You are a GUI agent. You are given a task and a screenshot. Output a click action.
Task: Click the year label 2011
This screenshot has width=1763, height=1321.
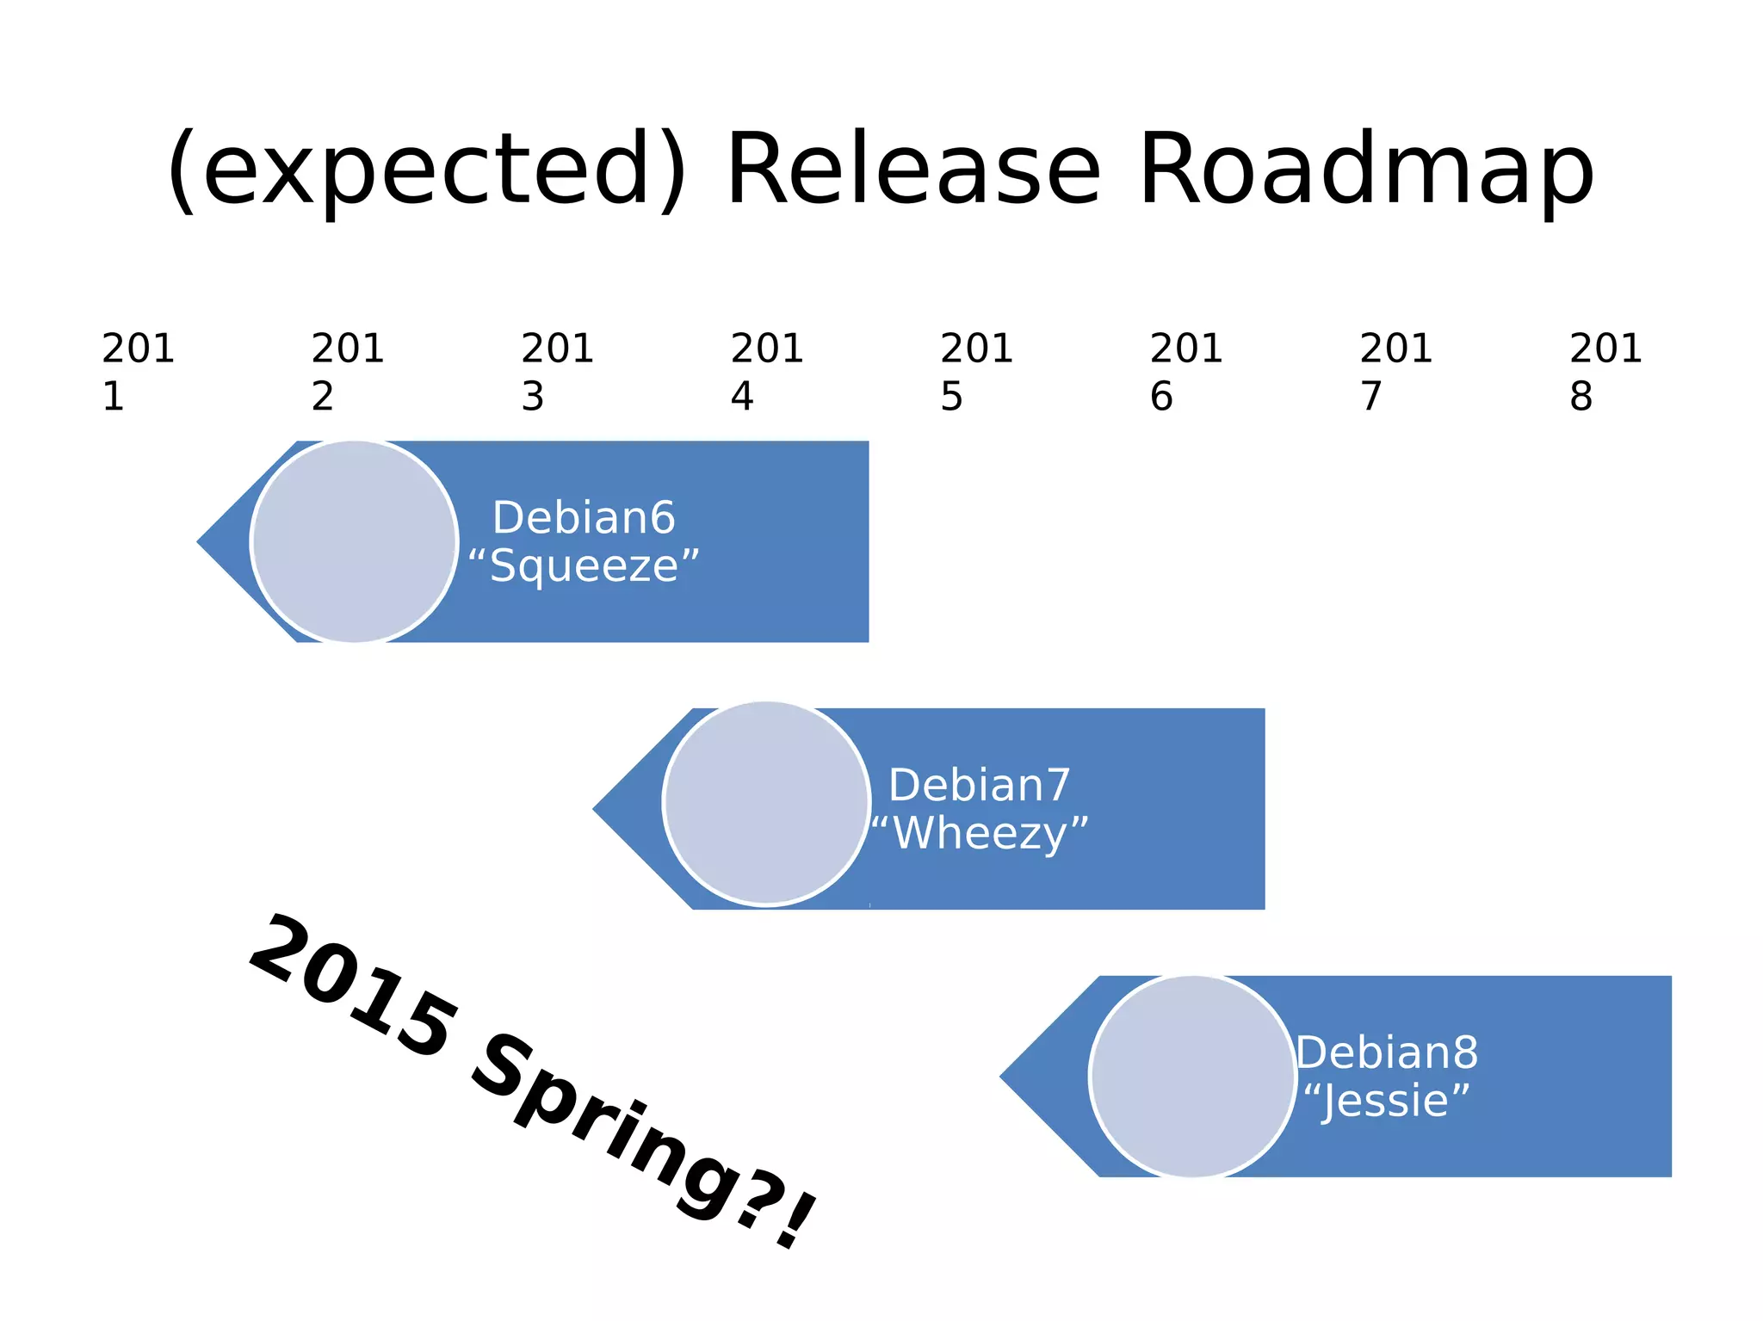pyautogui.click(x=138, y=371)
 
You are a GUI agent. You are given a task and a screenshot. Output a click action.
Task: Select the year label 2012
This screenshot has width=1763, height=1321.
pyautogui.click(x=347, y=371)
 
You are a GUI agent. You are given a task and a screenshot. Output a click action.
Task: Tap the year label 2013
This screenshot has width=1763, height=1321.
pyautogui.click(x=557, y=371)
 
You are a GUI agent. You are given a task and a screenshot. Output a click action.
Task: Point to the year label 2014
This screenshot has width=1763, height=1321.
pyautogui.click(x=766, y=371)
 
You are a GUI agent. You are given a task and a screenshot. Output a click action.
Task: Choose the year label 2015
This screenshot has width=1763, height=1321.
pyautogui.click(x=976, y=371)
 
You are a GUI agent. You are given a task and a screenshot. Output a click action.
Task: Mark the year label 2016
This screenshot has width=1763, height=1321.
pyautogui.click(x=1186, y=371)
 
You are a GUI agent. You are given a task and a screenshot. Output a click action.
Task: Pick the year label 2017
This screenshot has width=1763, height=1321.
pyautogui.click(x=1395, y=371)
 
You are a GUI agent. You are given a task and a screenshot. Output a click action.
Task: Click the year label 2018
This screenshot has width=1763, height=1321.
pyautogui.click(x=1605, y=371)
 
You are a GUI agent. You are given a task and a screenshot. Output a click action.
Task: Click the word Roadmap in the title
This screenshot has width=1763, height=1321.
pyautogui.click(x=1366, y=170)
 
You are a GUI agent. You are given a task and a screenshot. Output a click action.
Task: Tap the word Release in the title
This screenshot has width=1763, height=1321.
pyautogui.click(x=913, y=170)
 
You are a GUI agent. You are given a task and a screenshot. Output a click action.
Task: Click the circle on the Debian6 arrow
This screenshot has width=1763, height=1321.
pyautogui.click(x=354, y=541)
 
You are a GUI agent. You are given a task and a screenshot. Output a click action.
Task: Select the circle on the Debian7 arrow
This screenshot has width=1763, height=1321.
pyautogui.click(x=766, y=804)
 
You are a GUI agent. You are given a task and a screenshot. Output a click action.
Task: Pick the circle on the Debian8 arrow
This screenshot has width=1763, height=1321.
pyautogui.click(x=1192, y=1076)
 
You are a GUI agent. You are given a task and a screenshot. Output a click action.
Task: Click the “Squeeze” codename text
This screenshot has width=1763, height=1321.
pyautogui.click(x=584, y=566)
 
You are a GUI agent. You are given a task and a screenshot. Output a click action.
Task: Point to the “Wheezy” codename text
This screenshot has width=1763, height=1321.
pyautogui.click(x=980, y=833)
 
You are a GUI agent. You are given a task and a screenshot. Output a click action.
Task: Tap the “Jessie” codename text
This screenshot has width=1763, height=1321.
pyautogui.click(x=1386, y=1101)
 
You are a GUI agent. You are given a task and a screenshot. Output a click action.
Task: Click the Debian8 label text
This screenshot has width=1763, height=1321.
pyautogui.click(x=1387, y=1052)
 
